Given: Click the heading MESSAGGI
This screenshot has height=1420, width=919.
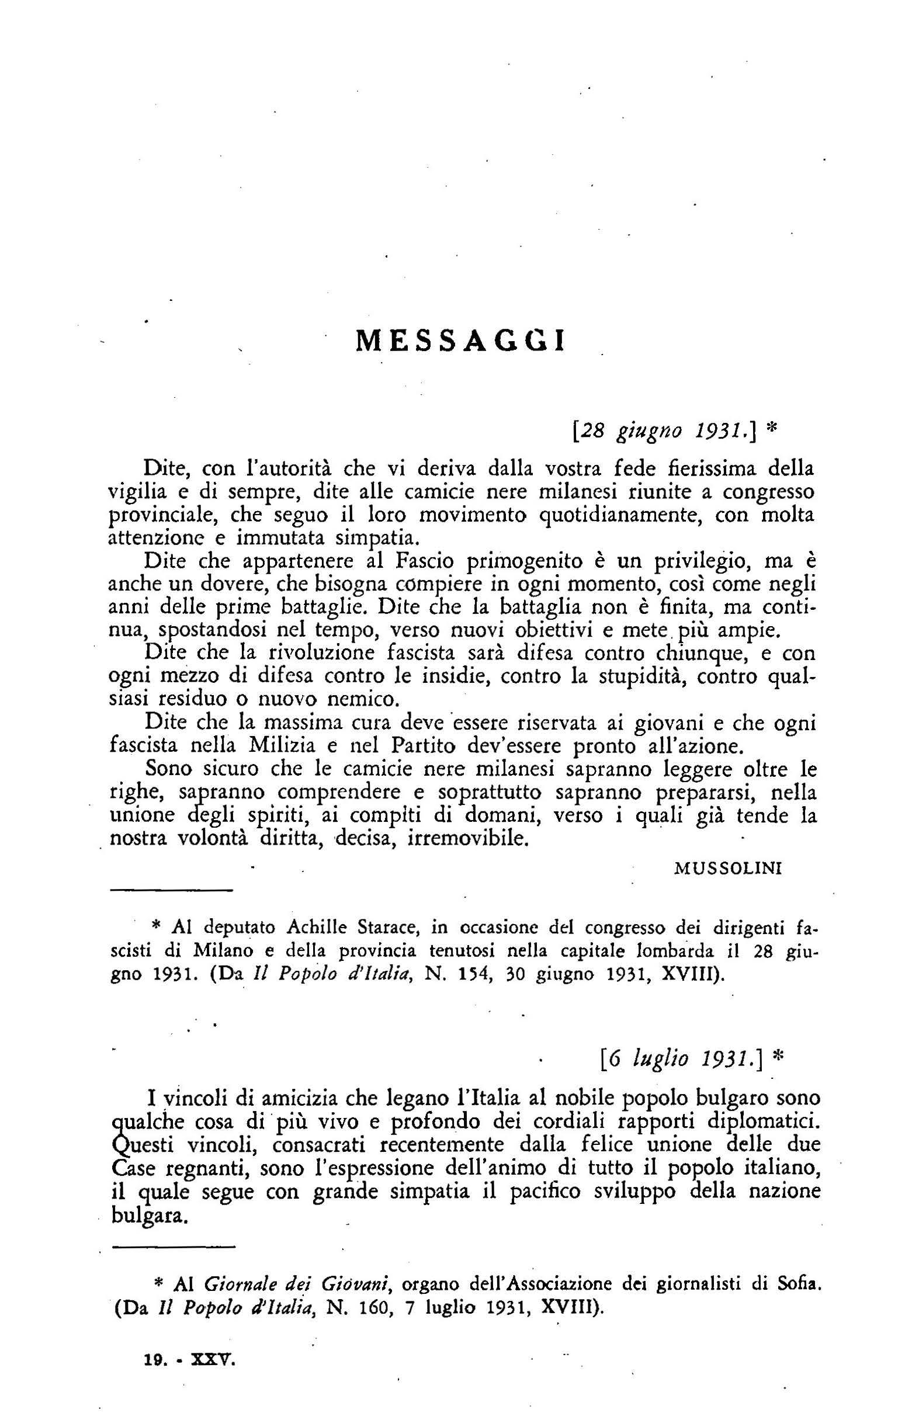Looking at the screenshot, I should (x=459, y=341).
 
